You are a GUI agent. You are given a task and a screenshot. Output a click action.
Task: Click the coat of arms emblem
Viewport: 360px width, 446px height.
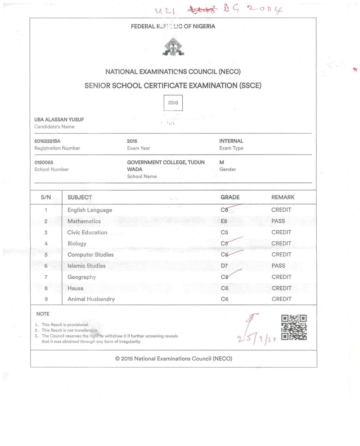pos(173,47)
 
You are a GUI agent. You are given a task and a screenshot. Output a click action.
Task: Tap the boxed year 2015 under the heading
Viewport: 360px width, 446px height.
pos(173,103)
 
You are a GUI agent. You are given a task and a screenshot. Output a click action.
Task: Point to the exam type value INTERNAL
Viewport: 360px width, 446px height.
pos(231,141)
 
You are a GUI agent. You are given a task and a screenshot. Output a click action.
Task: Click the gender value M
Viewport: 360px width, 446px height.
pos(221,162)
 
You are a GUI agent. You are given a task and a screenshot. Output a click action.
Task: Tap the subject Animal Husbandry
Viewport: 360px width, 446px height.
pos(91,299)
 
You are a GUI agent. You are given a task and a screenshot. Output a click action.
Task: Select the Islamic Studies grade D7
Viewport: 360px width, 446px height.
pos(225,266)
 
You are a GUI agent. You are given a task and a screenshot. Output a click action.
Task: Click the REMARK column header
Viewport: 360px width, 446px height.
pos(283,197)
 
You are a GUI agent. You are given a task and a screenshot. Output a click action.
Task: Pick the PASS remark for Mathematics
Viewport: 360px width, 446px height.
pos(279,221)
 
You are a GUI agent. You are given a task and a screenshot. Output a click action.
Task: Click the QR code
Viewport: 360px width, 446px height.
pos(294,328)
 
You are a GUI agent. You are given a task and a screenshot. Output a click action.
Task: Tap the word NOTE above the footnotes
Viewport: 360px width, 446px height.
pos(42,314)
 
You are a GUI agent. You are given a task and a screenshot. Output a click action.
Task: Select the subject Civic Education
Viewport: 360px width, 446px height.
pos(87,232)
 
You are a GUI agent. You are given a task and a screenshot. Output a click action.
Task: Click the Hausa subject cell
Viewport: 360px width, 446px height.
pos(75,288)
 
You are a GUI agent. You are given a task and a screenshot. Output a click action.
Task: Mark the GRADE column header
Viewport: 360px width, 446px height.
pos(230,197)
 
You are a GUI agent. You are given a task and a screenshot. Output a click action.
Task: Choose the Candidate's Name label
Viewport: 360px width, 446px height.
pos(54,127)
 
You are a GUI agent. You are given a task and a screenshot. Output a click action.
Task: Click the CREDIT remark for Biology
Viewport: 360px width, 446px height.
pos(281,244)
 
